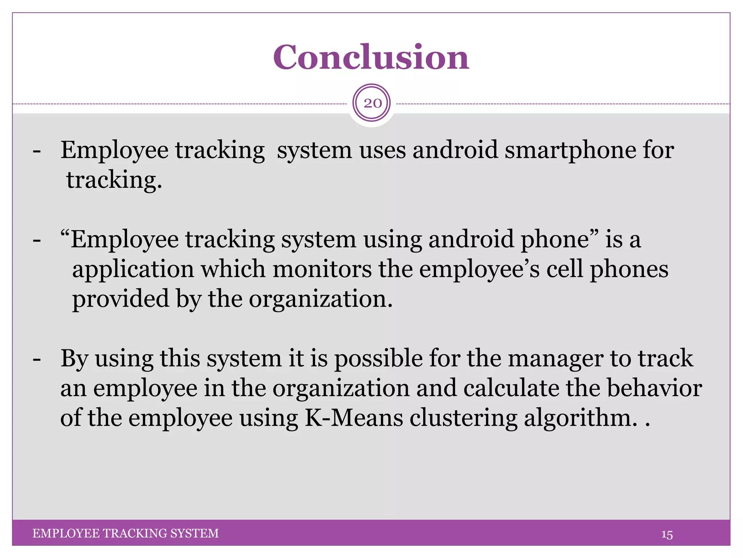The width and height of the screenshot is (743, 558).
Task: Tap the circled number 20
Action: pos(372,103)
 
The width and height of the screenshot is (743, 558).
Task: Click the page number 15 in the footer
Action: pos(667,535)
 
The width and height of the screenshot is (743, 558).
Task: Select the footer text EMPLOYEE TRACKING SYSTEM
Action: pos(126,533)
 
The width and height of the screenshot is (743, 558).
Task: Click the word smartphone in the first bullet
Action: pos(570,150)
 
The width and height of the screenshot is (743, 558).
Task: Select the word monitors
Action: pos(322,269)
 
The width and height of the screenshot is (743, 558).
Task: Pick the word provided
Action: pos(121,299)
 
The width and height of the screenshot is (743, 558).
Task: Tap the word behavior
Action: pos(654,388)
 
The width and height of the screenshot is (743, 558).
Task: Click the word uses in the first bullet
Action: pos(382,150)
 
